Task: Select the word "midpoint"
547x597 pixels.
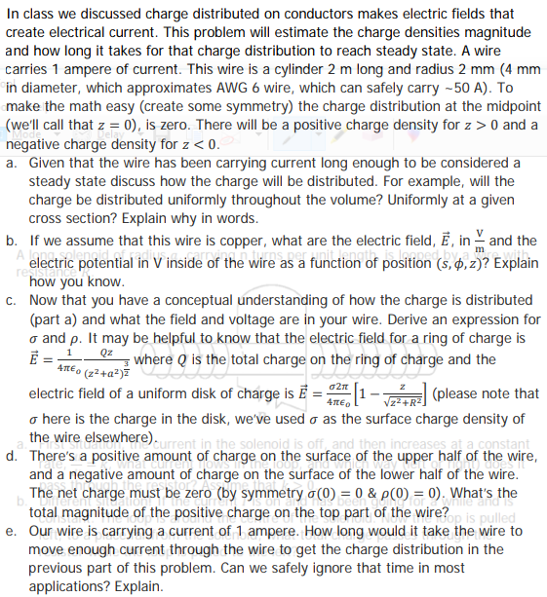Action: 508,105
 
